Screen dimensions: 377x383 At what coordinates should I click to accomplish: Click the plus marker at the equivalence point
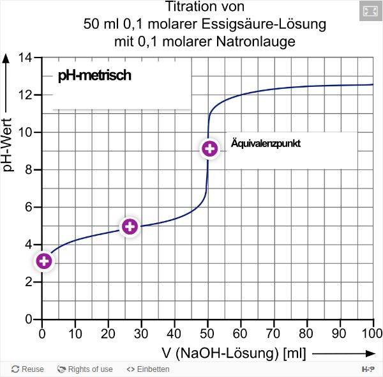coord(209,149)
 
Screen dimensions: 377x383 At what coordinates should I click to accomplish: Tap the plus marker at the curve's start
coord(43,261)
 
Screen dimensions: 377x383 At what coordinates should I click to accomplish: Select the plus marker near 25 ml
coord(130,226)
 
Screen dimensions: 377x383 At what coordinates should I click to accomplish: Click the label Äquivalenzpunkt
coord(265,143)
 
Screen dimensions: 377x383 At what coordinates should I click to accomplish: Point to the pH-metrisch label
coord(94,76)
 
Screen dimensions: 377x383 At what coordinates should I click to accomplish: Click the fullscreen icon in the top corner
coord(370,11)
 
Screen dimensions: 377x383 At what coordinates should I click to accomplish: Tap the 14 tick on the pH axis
coord(26,58)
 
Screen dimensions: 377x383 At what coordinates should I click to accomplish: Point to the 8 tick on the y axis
coord(29,170)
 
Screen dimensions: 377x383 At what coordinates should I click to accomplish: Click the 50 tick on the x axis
coord(207,333)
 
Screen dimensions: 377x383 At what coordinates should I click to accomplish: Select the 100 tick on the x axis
coord(373,333)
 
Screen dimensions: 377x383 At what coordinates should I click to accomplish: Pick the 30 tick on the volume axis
coord(141,333)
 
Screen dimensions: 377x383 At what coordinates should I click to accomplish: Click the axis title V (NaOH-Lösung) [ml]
coord(234,353)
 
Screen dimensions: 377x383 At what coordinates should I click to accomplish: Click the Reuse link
coord(28,369)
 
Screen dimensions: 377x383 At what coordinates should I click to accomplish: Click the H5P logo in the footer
coord(368,369)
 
